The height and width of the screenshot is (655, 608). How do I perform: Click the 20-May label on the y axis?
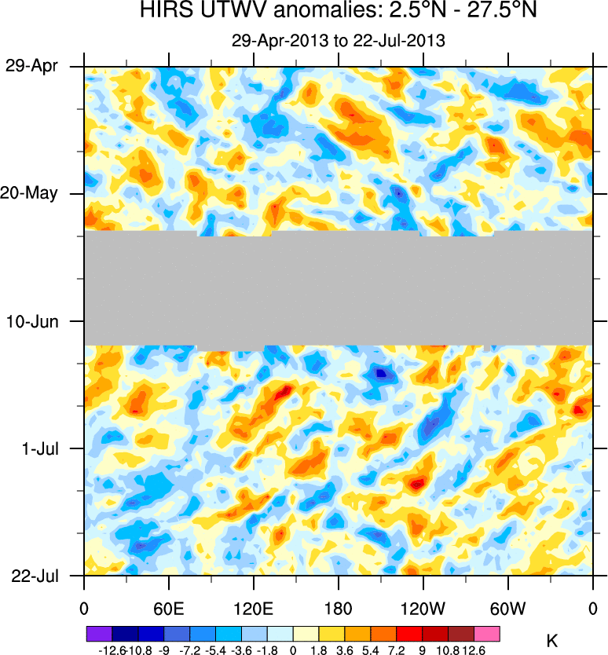(29, 193)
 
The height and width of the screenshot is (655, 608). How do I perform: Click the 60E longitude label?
(168, 607)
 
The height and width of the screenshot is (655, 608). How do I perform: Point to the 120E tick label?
(253, 607)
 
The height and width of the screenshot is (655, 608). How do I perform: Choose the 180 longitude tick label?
(338, 607)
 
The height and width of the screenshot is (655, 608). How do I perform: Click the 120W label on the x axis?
(423, 607)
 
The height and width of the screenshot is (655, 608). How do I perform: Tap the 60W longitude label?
(507, 607)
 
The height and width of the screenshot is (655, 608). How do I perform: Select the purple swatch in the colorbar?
(99, 633)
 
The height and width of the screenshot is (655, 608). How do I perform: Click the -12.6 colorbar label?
(112, 650)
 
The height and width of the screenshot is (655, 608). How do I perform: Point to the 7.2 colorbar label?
(397, 650)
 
